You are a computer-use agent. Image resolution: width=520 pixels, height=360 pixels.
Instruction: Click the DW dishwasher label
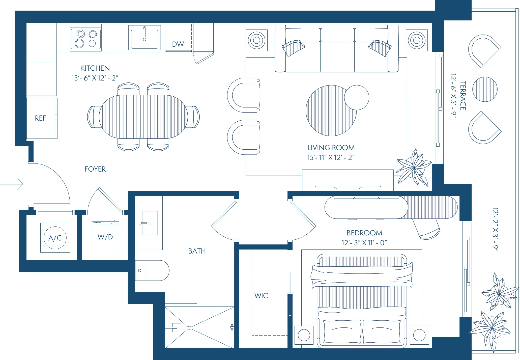tap(178, 44)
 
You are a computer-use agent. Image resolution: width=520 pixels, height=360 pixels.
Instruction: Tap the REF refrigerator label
tap(40, 118)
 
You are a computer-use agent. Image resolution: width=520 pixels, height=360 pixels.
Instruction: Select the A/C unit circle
tap(55, 238)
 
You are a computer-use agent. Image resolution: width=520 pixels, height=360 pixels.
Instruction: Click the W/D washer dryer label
tap(105, 237)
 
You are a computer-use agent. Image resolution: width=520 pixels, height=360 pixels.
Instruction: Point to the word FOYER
tap(95, 169)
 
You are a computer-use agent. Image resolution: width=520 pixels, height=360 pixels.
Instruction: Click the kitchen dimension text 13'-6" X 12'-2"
tap(95, 78)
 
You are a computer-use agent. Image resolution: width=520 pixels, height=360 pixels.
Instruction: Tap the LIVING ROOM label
tap(331, 148)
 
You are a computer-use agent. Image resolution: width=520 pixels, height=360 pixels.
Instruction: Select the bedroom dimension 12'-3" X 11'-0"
tap(364, 243)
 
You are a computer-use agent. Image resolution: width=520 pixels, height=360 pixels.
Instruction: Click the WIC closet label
tap(261, 296)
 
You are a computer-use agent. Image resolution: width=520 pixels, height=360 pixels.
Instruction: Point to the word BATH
tap(197, 251)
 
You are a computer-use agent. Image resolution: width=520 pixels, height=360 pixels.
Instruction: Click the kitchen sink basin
tap(145, 39)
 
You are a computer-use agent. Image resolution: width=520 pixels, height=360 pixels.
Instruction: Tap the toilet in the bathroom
tap(153, 270)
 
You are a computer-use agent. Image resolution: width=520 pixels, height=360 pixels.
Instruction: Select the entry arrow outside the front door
tap(13, 184)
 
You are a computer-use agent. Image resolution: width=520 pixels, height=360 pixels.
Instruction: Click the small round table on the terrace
tap(485, 89)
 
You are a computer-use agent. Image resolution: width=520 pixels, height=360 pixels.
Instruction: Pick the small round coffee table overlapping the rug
tap(357, 97)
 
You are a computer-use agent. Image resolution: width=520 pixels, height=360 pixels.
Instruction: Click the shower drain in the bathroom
tap(189, 328)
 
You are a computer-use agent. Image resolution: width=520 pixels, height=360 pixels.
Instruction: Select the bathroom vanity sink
tap(150, 223)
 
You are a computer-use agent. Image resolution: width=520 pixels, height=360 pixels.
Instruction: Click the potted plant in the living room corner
tap(414, 168)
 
